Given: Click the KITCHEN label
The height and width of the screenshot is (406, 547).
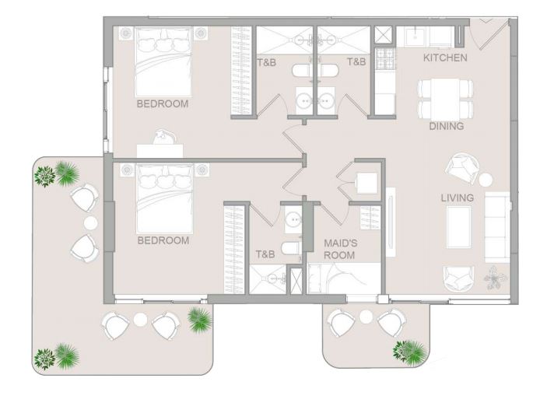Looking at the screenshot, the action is coord(445,58).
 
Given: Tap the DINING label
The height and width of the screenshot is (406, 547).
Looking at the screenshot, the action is coord(446,126).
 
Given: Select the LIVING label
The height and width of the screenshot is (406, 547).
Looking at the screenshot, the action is coord(458,198).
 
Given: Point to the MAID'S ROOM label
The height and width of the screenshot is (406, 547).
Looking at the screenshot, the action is coord(339,249).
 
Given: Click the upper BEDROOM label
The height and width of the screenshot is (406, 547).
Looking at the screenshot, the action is coord(163,103).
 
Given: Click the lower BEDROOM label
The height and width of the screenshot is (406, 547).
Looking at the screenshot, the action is coord(163,240).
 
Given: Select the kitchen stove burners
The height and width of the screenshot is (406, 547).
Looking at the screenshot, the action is coord(385,58).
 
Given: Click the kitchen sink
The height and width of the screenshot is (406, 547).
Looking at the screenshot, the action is coord(416,37).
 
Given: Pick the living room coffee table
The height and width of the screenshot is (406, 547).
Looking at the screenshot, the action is coord(459,226).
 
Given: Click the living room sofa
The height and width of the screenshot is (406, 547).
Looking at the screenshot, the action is coord(498,226).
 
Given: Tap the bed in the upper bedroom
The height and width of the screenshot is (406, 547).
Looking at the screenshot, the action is coord(163,61).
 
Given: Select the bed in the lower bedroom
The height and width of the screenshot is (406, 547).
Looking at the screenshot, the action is coord(165,198).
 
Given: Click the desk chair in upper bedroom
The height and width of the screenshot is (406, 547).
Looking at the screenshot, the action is coord(163,137).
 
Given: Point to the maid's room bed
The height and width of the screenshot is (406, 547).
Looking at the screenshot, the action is coord(344,278).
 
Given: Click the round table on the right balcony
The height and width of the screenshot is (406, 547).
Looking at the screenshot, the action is coord(366,317).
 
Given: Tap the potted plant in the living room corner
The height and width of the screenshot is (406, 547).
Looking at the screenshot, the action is coord(494,278).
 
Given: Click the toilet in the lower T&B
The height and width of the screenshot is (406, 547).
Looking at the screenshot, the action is coord(291,248).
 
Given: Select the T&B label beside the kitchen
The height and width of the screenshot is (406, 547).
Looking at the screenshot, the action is coord(356,62).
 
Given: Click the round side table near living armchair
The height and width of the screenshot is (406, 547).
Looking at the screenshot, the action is coord(486,180).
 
